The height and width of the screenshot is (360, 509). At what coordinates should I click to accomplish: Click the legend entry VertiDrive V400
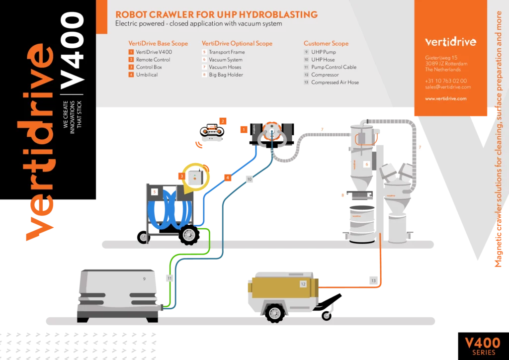tap(154, 52)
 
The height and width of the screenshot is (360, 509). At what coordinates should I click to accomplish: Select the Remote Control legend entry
tap(153, 60)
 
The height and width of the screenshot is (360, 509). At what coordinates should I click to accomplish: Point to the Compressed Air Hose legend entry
tap(335, 83)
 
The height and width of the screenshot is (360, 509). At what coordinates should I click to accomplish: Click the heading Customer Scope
tap(326, 43)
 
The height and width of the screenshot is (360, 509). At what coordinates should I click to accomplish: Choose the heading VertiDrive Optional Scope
tap(237, 43)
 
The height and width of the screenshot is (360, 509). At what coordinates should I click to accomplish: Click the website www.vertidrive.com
tap(446, 98)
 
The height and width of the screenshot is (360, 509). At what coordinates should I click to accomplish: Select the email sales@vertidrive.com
tap(448, 87)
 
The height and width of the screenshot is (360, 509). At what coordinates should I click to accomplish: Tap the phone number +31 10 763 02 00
tap(446, 81)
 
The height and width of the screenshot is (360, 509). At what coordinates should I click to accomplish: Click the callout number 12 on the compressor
tap(303, 284)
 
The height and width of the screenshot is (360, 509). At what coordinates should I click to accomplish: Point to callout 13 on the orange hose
tap(374, 281)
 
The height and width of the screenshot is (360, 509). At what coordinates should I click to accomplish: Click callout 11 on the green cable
tap(170, 278)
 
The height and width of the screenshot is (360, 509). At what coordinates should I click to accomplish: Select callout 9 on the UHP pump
tap(144, 279)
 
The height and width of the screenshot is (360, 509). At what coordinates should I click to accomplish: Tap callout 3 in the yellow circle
tap(182, 176)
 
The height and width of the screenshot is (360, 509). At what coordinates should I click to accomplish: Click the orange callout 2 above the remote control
tap(223, 121)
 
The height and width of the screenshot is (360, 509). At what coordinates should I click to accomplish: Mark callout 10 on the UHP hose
tap(250, 179)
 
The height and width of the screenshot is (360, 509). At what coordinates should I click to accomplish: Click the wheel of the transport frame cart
tap(189, 235)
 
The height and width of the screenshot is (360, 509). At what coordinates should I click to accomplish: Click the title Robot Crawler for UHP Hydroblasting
tap(216, 14)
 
